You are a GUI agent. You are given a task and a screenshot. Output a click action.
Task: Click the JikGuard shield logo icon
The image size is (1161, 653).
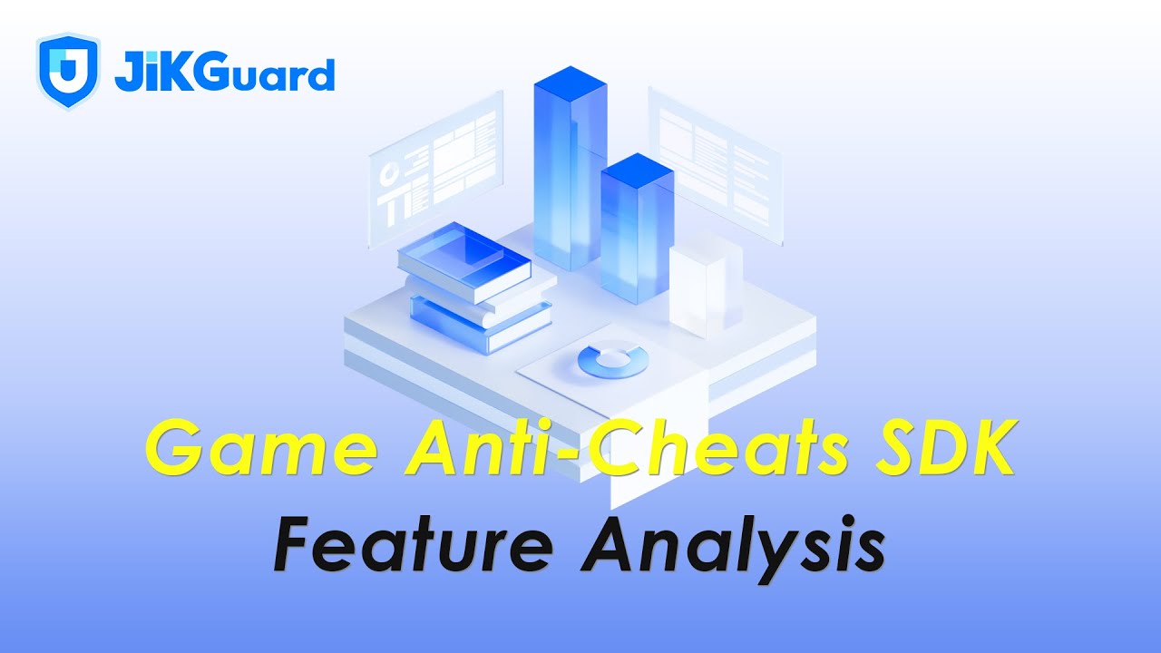tap(68, 73)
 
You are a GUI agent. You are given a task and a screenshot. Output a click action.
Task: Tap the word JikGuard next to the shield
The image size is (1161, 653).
tap(224, 73)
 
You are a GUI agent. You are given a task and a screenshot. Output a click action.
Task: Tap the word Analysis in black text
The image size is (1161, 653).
tap(733, 545)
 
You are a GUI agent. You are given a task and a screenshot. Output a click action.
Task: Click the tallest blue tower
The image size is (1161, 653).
tap(569, 172)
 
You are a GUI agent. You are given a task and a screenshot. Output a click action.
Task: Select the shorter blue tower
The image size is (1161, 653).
tap(637, 231)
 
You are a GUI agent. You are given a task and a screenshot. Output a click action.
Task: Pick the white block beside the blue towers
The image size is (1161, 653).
tap(705, 281)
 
